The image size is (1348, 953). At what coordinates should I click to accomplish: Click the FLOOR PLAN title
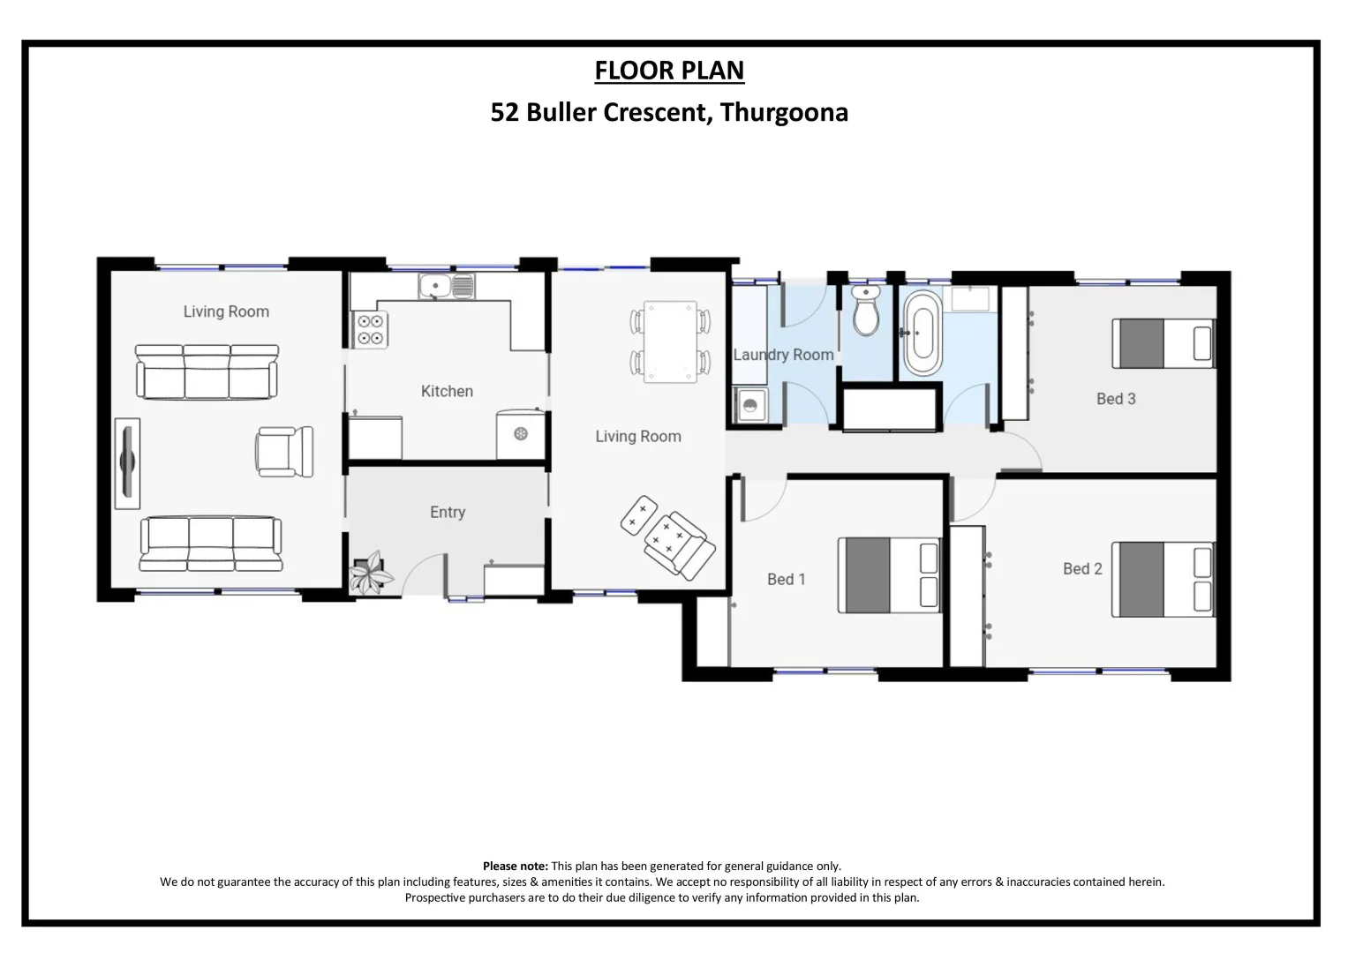[x=669, y=71]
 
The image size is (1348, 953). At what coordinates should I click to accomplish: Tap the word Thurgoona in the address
[x=784, y=113]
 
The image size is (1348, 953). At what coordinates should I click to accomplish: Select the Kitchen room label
[x=447, y=391]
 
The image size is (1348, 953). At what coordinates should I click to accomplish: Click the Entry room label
[x=447, y=512]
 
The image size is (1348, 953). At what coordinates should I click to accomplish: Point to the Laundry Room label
[x=783, y=355]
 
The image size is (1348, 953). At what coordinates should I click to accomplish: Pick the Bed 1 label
[x=786, y=579]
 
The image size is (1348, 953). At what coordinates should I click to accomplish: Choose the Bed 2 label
[x=1082, y=569]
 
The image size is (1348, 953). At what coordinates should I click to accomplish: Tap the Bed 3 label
[x=1116, y=399]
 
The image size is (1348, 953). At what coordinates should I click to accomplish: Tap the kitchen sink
[x=447, y=286]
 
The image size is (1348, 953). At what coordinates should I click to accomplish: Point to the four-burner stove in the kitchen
[x=370, y=329]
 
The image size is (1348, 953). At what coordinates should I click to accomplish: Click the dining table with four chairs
[x=670, y=341]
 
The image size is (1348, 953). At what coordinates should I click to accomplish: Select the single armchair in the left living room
[x=284, y=451]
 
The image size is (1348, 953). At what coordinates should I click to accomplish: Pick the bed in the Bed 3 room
[x=1163, y=343]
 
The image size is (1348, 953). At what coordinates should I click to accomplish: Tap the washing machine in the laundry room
[x=750, y=406]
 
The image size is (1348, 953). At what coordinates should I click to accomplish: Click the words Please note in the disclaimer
[x=515, y=867]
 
